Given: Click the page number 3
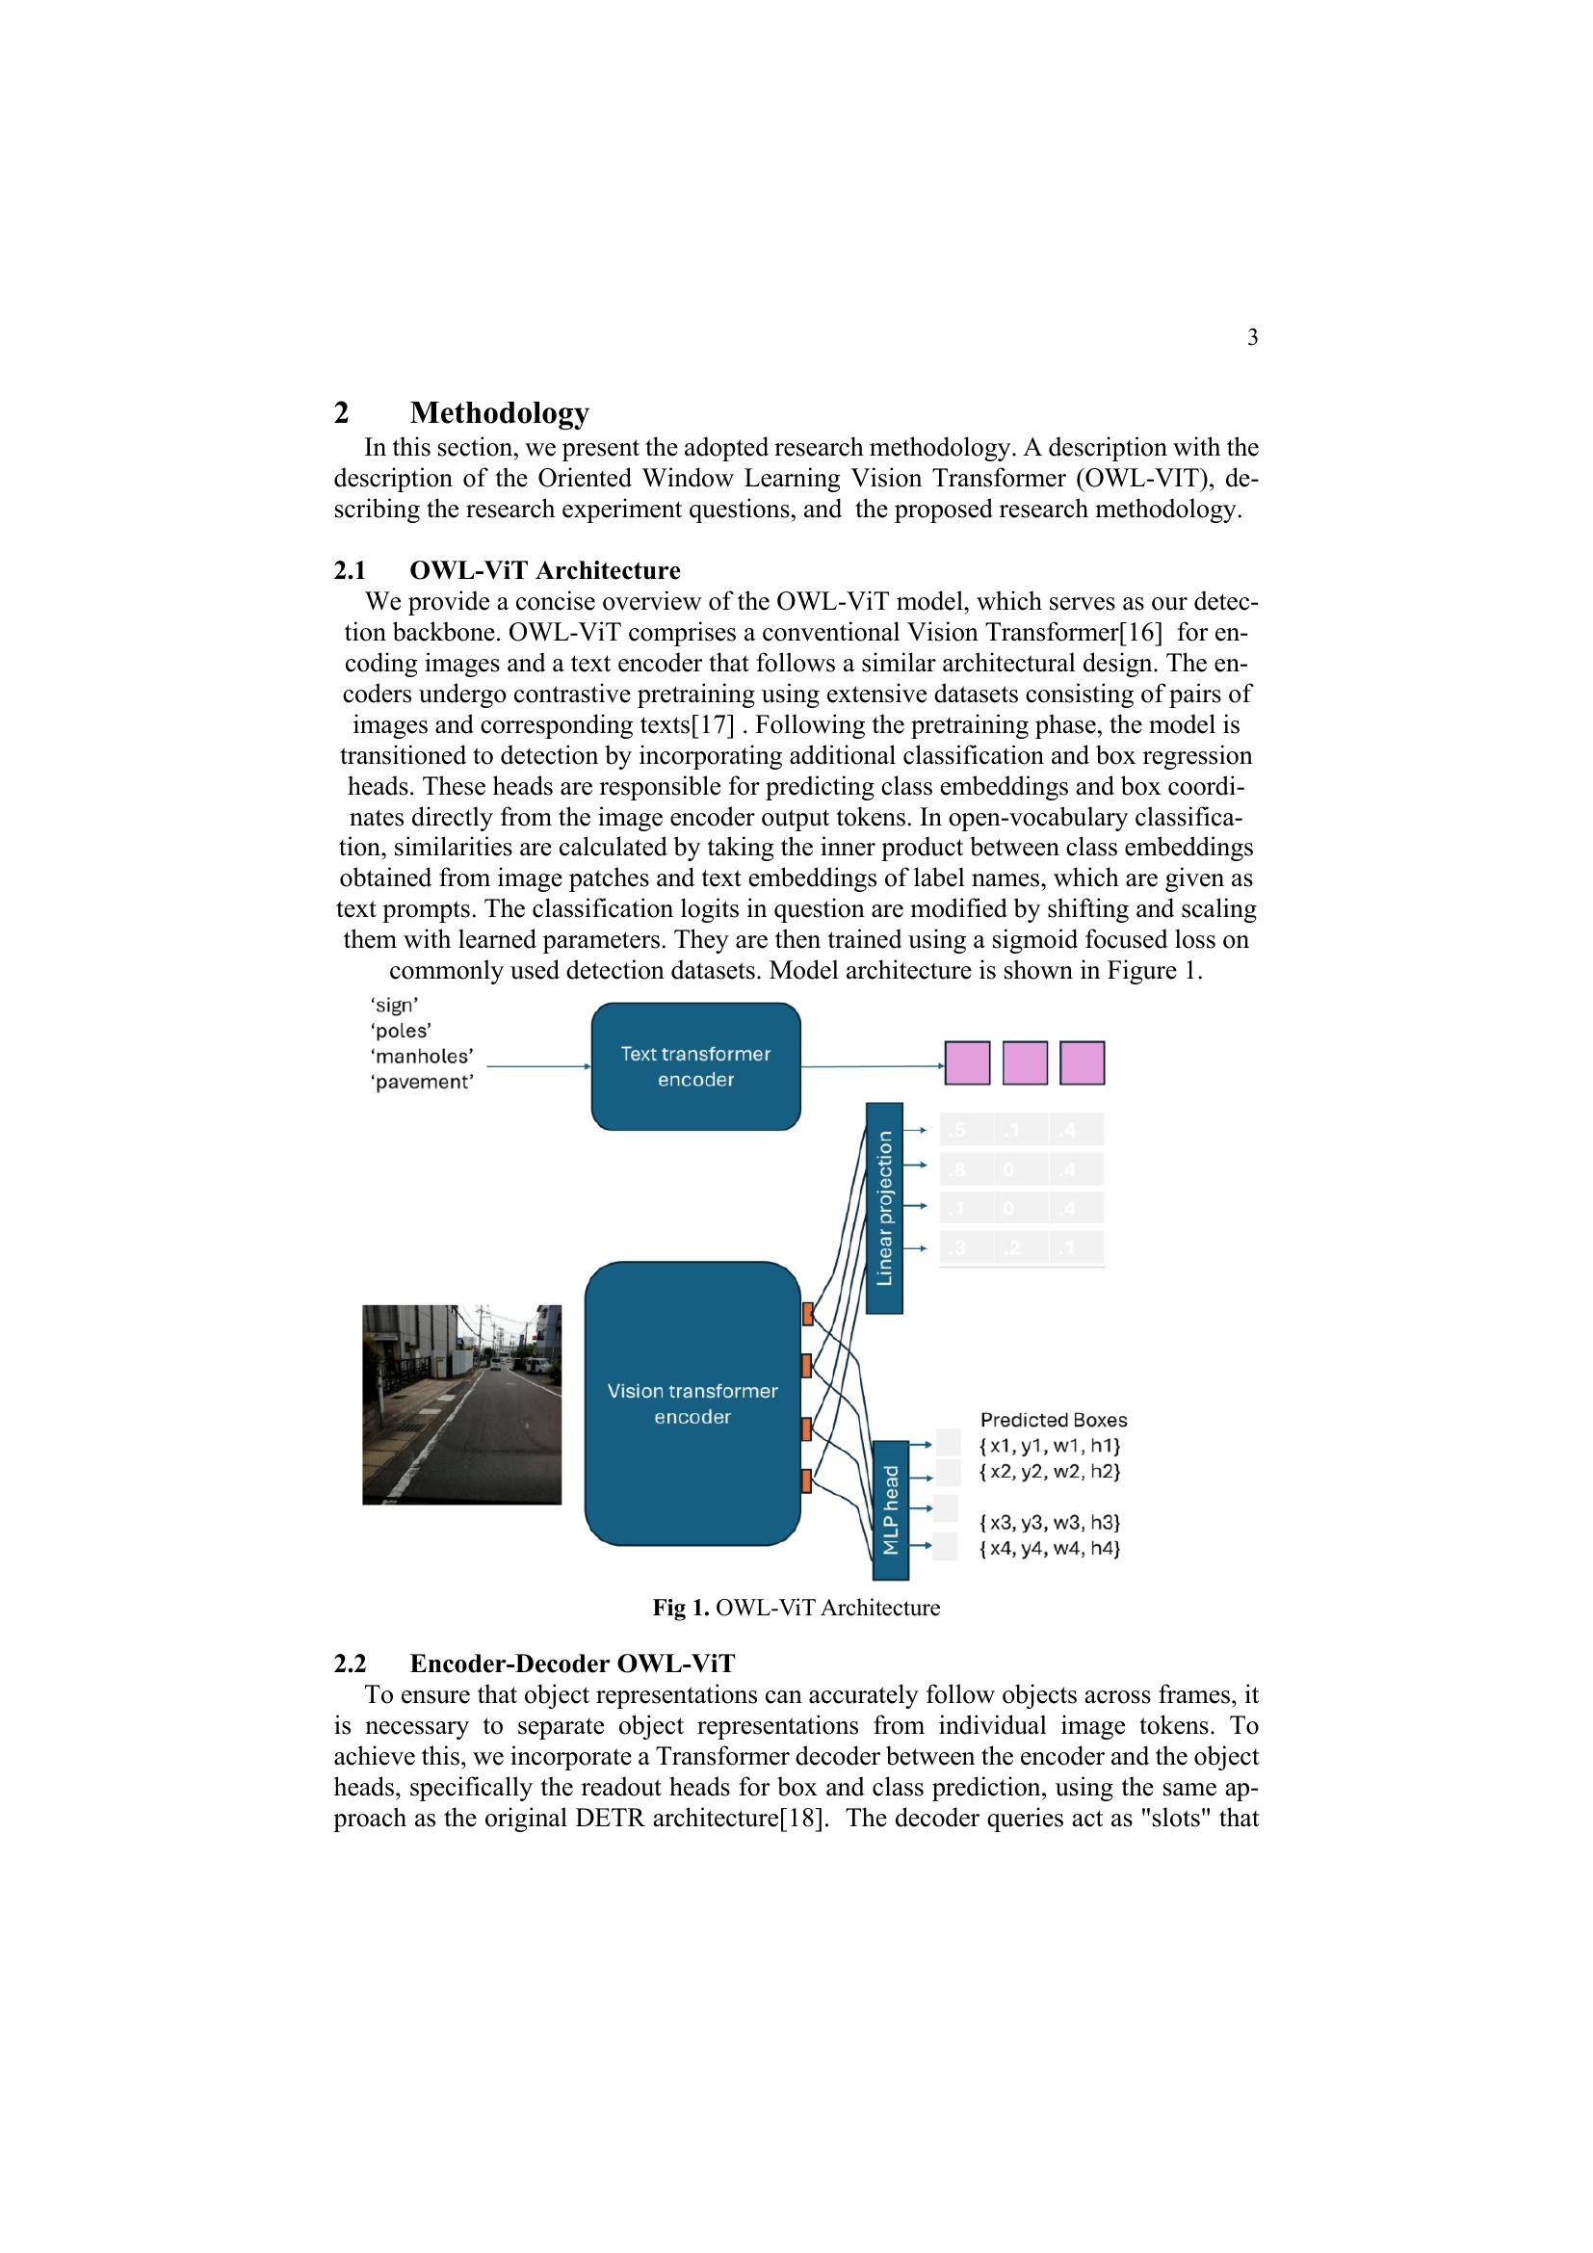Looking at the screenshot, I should [1252, 337].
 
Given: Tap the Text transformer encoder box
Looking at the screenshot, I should [695, 1066].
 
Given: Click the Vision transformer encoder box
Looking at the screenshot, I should [692, 1403].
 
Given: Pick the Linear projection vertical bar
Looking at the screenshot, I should [884, 1208].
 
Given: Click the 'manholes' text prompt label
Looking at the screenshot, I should [422, 1057].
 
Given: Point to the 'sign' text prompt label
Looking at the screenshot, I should [394, 1005].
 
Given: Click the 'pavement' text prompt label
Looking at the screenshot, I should [422, 1083].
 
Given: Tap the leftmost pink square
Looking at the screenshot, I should [966, 1062].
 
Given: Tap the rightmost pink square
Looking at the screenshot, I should [1082, 1062].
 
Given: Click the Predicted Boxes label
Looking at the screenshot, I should [1054, 1420].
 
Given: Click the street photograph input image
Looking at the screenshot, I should [461, 1404].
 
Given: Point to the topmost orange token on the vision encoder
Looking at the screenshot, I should [807, 1313].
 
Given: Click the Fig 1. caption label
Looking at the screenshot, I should [681, 1608].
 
